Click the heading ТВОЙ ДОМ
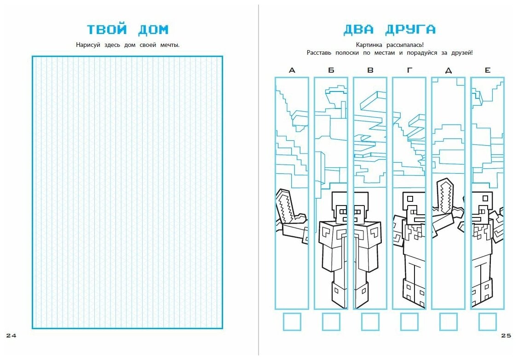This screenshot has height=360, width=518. click(128, 30)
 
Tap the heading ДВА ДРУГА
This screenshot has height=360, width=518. click(389, 30)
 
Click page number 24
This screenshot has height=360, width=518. click(11, 336)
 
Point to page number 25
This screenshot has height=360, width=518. click(505, 336)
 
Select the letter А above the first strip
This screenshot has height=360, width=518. click(292, 70)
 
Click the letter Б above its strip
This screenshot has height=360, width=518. click(331, 70)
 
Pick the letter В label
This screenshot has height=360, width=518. click(370, 70)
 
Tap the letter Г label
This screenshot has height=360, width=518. click(409, 70)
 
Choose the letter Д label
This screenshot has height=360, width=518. click(449, 70)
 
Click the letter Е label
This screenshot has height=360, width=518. click(488, 70)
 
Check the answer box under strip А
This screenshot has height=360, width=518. click(292, 321)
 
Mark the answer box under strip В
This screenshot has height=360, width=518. click(370, 321)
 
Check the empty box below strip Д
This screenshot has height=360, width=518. click(449, 321)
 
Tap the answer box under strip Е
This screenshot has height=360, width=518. click(488, 321)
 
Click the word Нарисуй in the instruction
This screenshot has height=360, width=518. click(87, 45)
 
